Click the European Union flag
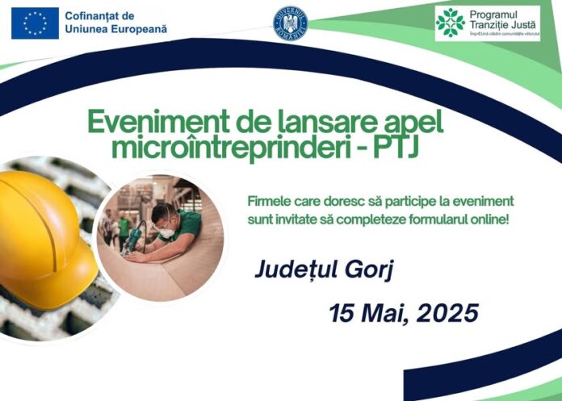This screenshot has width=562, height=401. [x=35, y=23]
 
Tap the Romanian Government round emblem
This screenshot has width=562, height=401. [x=291, y=23]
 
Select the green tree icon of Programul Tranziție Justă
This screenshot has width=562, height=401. [x=450, y=23]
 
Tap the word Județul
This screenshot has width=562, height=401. [x=291, y=270]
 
